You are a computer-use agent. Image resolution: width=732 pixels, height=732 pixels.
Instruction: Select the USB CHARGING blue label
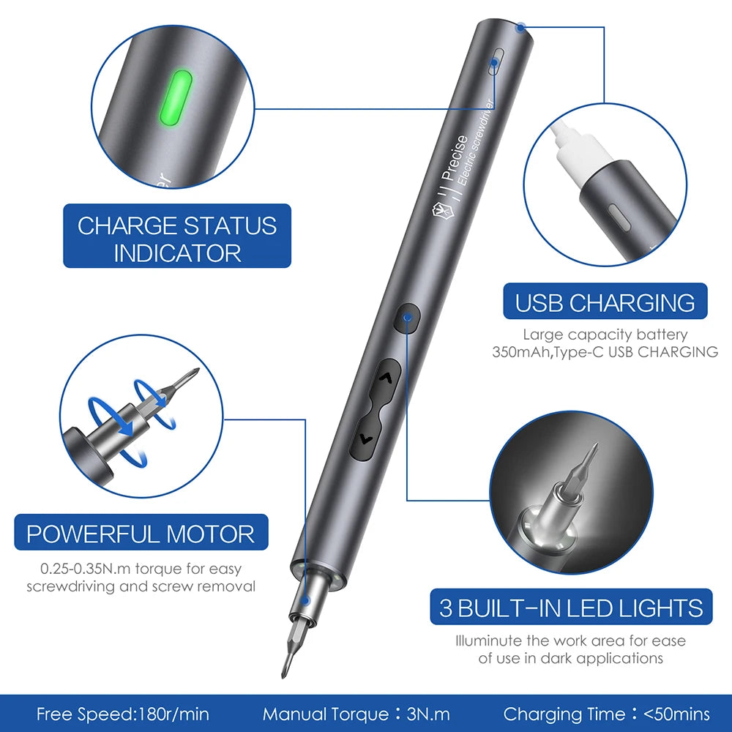click(x=605, y=302)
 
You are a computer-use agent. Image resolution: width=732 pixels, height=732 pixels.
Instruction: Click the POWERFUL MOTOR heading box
click(x=141, y=533)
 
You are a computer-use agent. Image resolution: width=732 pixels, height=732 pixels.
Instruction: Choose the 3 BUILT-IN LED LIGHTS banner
click(x=570, y=608)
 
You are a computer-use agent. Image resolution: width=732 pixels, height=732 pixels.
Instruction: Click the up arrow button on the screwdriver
click(x=387, y=378)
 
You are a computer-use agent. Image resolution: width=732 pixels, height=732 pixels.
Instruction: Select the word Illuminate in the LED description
click(x=488, y=640)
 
